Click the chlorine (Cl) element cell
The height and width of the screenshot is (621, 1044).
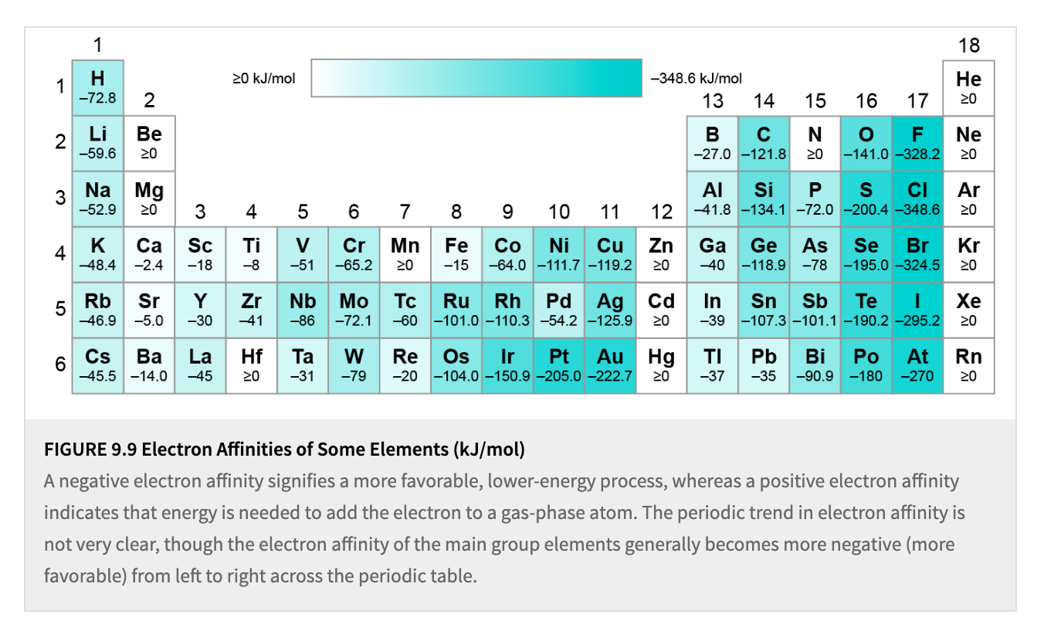[917, 199]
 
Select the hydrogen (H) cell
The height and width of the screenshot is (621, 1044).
[97, 87]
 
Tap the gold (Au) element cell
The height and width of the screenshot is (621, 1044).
[610, 365]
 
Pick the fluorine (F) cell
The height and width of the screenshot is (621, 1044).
[917, 143]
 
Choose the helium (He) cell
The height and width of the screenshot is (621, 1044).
[968, 87]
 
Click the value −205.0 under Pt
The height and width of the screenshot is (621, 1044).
[559, 376]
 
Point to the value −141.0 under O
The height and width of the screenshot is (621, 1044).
[866, 154]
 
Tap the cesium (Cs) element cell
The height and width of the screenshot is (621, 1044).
[97, 365]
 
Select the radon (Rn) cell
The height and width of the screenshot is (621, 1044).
[968, 365]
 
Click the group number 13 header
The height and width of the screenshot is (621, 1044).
[713, 100]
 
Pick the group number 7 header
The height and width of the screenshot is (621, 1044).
[405, 212]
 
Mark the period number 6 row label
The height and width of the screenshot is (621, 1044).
[59, 365]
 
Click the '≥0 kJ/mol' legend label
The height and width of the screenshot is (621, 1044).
[264, 78]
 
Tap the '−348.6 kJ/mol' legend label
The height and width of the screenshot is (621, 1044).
[697, 78]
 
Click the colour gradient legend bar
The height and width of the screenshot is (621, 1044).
[476, 77]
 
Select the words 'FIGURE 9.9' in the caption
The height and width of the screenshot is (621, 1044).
[91, 449]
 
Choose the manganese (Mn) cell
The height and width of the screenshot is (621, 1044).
[405, 254]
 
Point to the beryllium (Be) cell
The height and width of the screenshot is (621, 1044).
[149, 143]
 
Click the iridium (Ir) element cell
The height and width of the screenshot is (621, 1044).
[507, 365]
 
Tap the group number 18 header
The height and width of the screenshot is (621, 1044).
[968, 45]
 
